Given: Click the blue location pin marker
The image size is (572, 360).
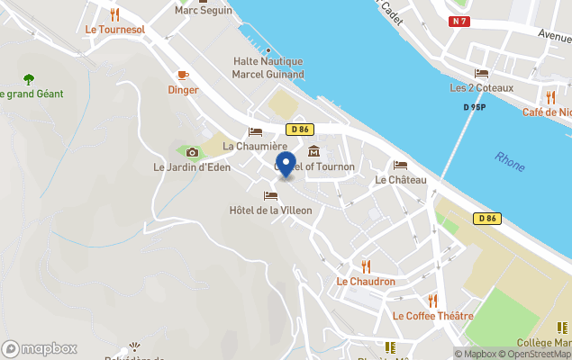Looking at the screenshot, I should tap(286, 166).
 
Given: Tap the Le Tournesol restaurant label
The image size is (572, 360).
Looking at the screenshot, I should tap(114, 30).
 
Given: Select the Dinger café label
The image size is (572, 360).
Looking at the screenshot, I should tap(183, 89).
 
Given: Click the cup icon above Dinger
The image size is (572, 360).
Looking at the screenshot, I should tap(183, 75).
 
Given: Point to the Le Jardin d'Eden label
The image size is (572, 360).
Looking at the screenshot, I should tap(192, 166).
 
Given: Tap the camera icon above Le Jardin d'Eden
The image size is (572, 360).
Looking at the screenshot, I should tap(192, 152).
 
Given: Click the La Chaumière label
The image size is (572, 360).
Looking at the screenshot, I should tap(255, 146).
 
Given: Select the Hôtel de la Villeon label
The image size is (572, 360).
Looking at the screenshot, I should tap(270, 211).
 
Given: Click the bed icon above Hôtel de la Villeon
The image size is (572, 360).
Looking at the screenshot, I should tap(270, 195).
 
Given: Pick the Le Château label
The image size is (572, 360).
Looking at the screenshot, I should tap(400, 179).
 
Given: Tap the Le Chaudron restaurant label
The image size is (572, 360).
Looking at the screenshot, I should tap(366, 282).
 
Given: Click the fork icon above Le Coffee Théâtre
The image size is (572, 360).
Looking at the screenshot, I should tap(432, 301).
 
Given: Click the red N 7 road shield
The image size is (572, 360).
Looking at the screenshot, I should tap(460, 21).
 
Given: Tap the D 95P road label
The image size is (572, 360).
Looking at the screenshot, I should tap(475, 107).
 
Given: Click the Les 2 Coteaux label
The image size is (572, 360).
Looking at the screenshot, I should tap(482, 88).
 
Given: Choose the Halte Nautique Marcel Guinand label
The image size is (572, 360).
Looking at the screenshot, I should tap(268, 67).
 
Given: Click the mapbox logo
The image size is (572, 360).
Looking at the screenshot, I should tap(40, 348).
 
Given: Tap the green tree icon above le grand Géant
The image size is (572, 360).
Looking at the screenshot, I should tap(28, 78).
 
